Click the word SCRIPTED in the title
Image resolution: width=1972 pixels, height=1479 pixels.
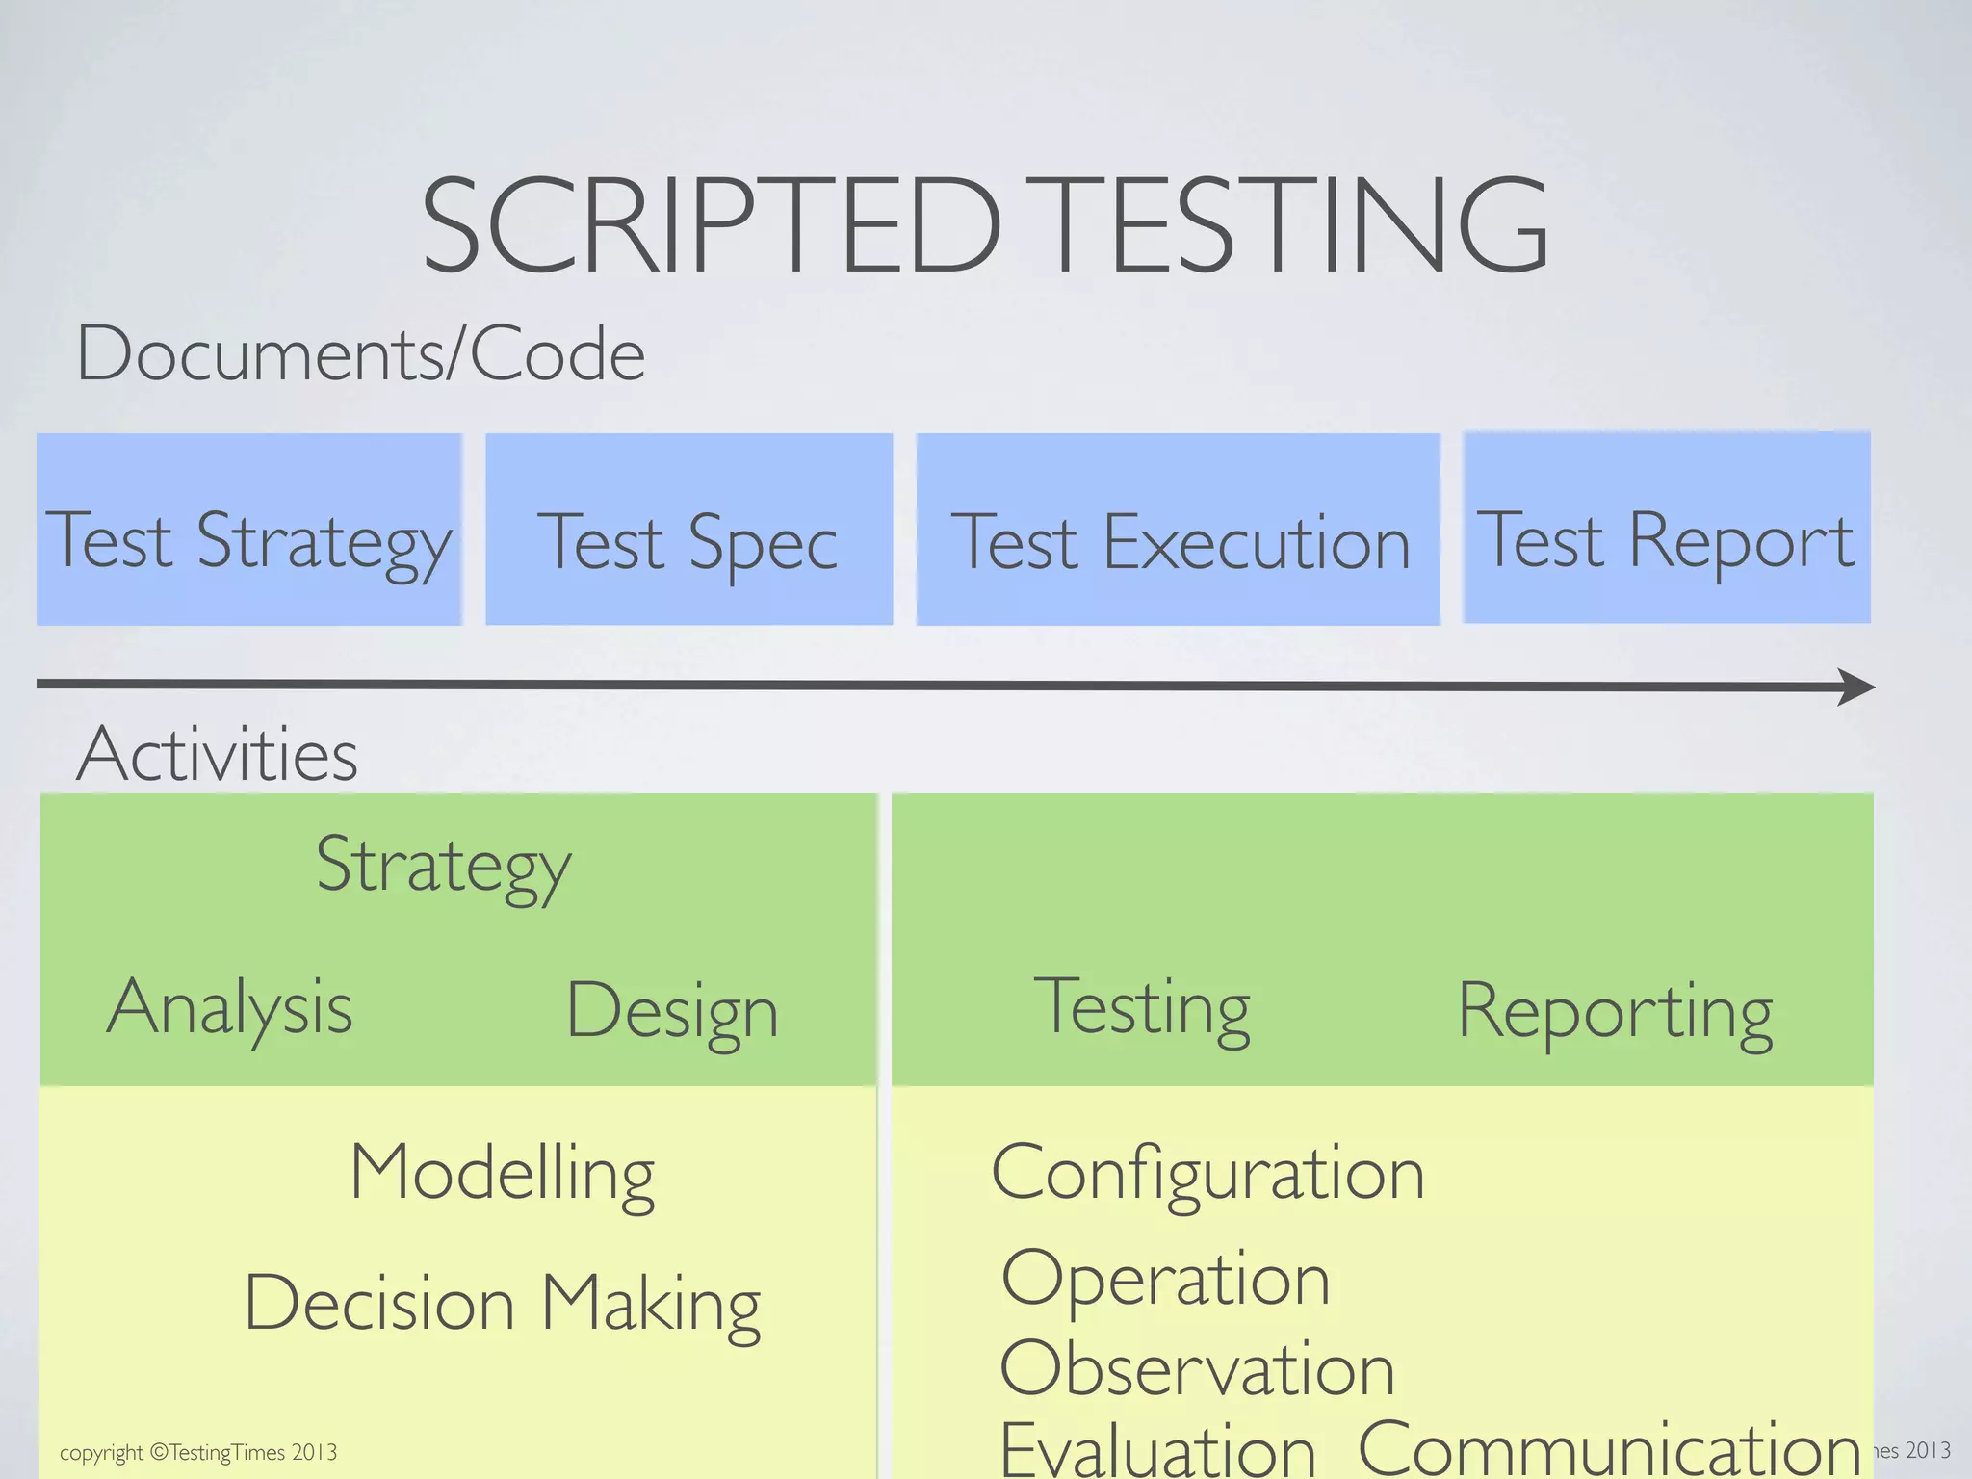click(x=711, y=227)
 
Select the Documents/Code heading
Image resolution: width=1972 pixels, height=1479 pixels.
click(x=360, y=354)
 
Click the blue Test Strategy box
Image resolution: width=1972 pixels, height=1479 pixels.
click(x=248, y=530)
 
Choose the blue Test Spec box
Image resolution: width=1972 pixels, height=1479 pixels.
click(x=688, y=530)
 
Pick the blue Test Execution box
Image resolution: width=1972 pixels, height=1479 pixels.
click(x=1178, y=530)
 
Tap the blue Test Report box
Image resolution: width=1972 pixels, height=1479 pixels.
click(x=1666, y=528)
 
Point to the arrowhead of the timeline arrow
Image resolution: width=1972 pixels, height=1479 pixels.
click(x=1856, y=687)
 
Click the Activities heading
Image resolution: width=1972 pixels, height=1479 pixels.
click(x=217, y=754)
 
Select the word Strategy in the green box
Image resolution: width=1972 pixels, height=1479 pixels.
click(x=443, y=866)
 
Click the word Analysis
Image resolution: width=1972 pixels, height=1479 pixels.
click(x=229, y=1008)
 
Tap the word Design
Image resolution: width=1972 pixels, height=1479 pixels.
click(x=671, y=1011)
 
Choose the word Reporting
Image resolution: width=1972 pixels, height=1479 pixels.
click(x=1615, y=1011)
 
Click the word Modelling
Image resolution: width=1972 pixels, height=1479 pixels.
click(x=502, y=1174)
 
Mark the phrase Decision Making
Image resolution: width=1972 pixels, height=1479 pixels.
click(x=502, y=1304)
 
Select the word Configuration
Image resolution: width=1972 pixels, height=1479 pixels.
click(x=1207, y=1174)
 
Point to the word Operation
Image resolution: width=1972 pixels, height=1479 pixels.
click(x=1165, y=1279)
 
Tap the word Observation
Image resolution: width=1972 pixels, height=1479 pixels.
click(x=1197, y=1368)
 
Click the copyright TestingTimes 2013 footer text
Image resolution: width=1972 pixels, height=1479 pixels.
click(x=198, y=1452)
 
